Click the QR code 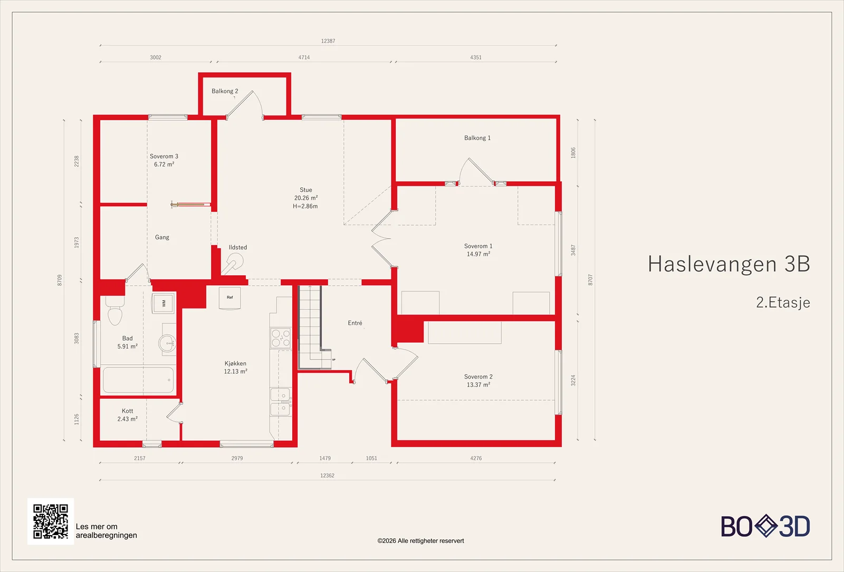click(x=51, y=521)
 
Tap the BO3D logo click(x=765, y=526)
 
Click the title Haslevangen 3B click(x=728, y=264)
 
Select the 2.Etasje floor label click(x=783, y=303)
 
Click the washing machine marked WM click(x=163, y=303)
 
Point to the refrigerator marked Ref click(x=230, y=298)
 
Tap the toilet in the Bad click(x=115, y=311)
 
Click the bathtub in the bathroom click(x=138, y=380)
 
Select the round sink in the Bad click(x=167, y=343)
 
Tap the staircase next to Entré click(x=314, y=327)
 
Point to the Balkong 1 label click(x=477, y=138)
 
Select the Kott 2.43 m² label click(x=127, y=415)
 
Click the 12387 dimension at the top click(x=328, y=41)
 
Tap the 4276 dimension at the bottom click(x=476, y=458)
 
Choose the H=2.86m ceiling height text click(x=305, y=206)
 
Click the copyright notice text click(x=420, y=541)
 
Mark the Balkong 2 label click(x=225, y=91)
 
